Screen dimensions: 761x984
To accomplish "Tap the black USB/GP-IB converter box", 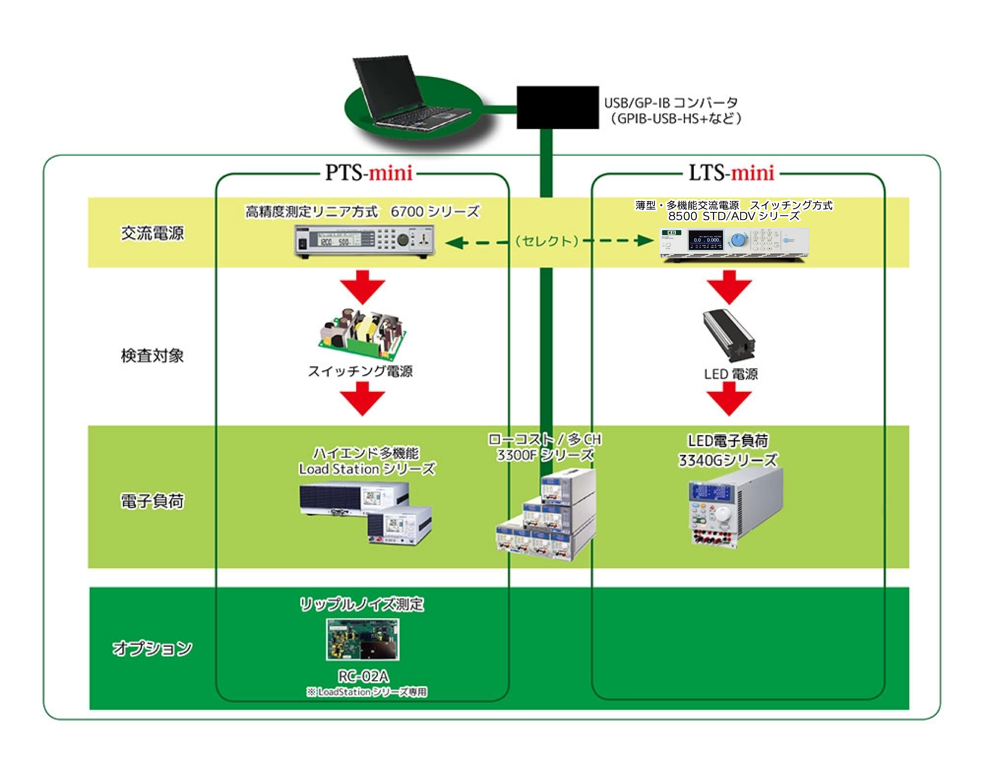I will pos(557,107).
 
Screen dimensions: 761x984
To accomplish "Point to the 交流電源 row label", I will pos(152,233).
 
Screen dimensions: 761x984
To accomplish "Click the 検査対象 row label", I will pos(152,355).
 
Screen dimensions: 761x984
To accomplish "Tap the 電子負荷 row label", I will pos(152,500).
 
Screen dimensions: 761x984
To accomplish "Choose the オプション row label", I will pos(152,648).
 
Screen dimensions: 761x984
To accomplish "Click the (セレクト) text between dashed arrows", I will pos(546,241).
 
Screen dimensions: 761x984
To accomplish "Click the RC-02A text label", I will pos(363,676).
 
